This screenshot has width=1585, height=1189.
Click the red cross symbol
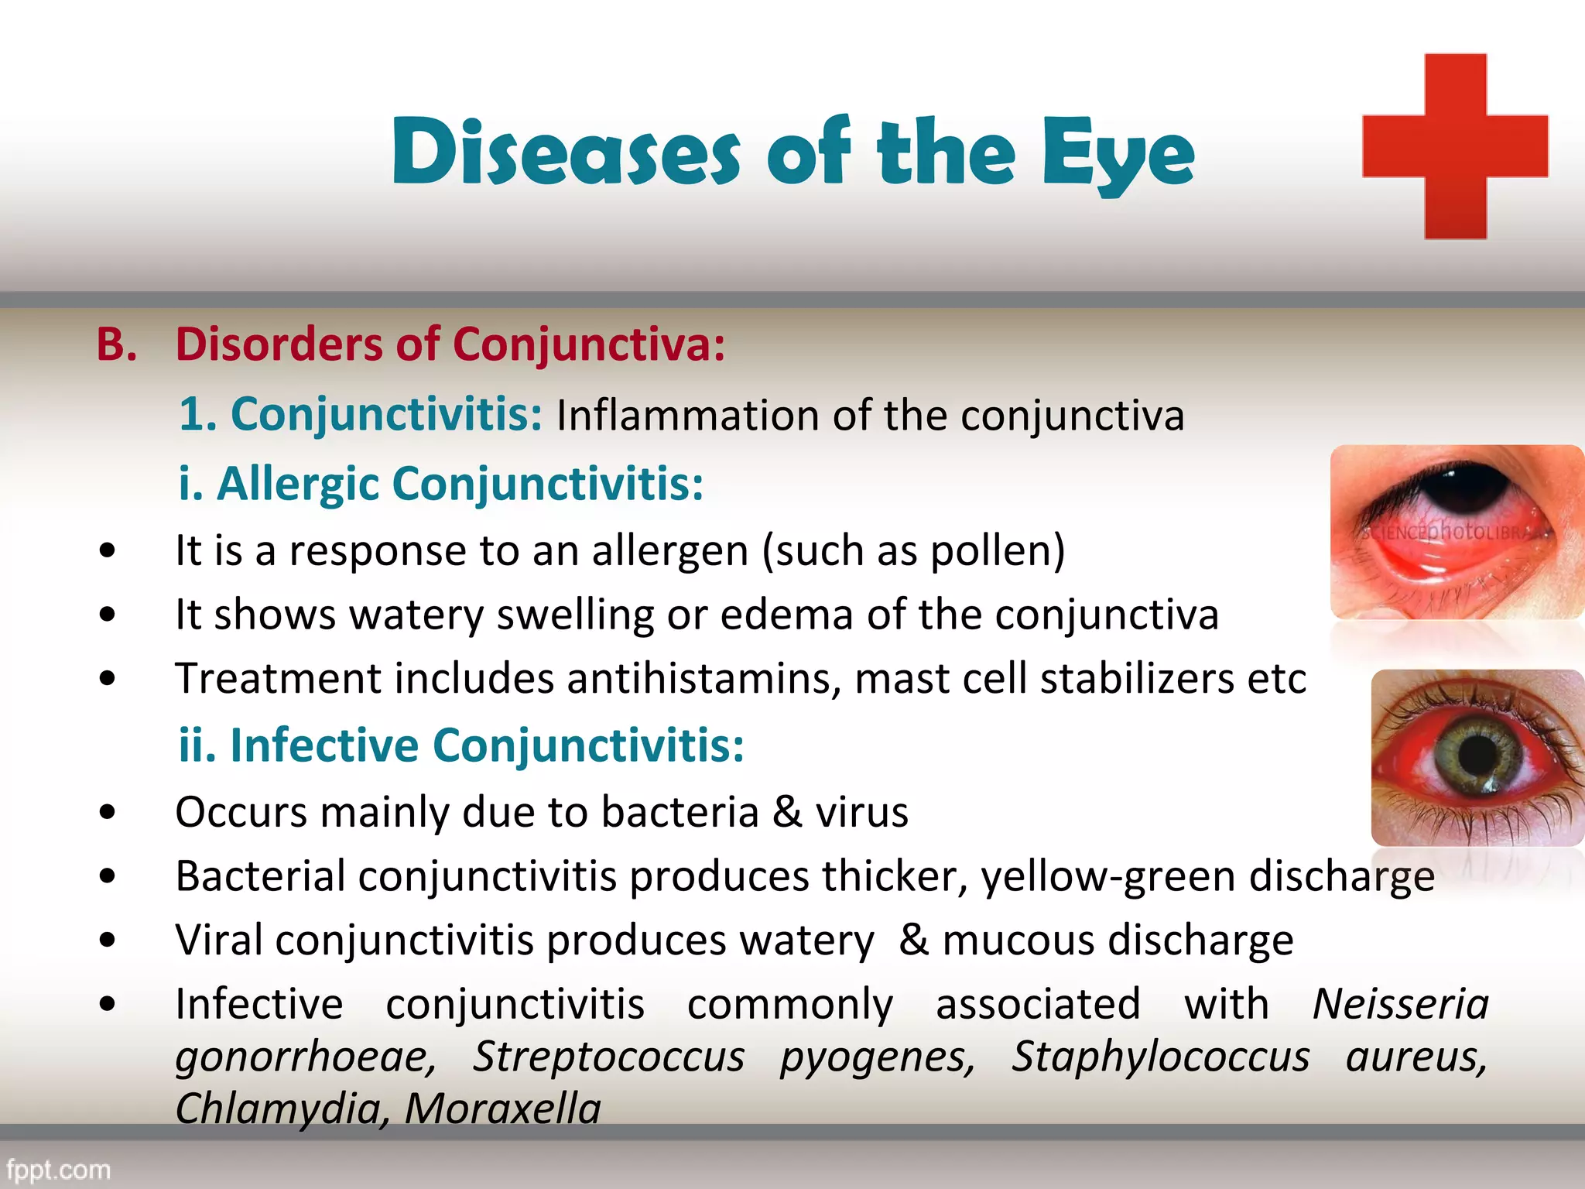1455,146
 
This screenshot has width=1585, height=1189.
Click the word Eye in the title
1118,154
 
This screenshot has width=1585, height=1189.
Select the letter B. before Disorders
117,344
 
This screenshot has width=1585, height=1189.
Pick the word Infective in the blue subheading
324,745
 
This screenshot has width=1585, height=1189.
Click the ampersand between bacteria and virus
787,812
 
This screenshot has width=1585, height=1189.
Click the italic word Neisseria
1401,1005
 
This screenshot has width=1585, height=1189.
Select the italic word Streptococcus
608,1057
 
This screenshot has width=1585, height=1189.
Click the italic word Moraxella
502,1108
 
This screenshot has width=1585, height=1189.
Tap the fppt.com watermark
59,1169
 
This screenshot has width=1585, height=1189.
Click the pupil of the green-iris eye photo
1479,754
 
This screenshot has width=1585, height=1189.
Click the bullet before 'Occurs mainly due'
108,813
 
